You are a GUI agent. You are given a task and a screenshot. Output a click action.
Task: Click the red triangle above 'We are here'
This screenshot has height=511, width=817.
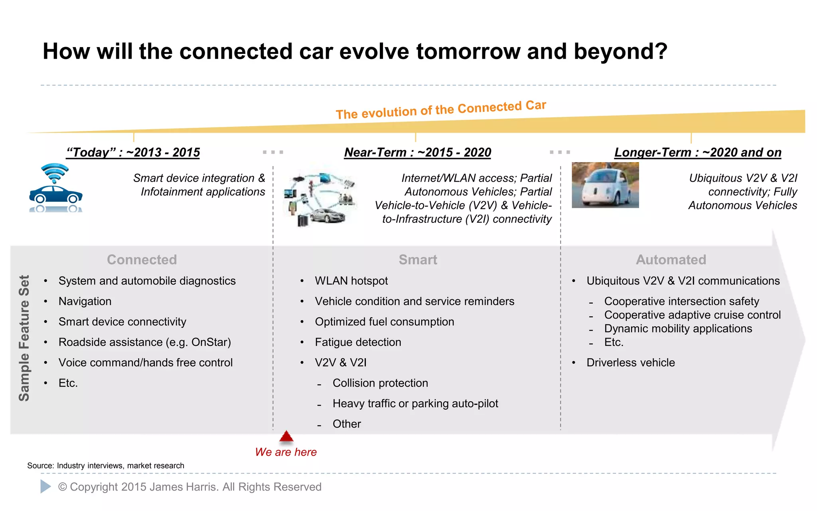pyautogui.click(x=286, y=437)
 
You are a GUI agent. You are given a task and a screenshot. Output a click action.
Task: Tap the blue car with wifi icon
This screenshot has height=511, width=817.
pyautogui.click(x=55, y=188)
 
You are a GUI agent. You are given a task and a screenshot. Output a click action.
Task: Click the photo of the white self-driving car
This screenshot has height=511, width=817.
pyautogui.click(x=605, y=185)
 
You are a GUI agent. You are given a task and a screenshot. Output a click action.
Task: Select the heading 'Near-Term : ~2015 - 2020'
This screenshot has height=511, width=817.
pyautogui.click(x=417, y=153)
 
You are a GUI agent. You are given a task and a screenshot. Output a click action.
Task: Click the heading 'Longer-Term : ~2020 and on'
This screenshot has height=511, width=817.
pyautogui.click(x=697, y=153)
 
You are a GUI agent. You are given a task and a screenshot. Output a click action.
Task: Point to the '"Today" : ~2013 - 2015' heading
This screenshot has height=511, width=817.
pyautogui.click(x=133, y=153)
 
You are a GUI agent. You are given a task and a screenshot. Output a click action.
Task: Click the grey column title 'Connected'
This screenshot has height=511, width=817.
pyautogui.click(x=142, y=260)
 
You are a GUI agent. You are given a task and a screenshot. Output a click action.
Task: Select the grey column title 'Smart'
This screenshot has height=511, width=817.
pyautogui.click(x=418, y=260)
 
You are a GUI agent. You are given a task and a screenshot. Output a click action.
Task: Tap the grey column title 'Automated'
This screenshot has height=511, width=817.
pyautogui.click(x=671, y=260)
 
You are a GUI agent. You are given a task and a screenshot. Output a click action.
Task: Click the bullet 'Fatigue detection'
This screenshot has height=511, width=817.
pyautogui.click(x=357, y=342)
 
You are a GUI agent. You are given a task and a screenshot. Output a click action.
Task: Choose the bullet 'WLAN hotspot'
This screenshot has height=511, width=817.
pyautogui.click(x=351, y=281)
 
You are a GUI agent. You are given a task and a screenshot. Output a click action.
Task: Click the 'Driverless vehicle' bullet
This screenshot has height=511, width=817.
pyautogui.click(x=630, y=362)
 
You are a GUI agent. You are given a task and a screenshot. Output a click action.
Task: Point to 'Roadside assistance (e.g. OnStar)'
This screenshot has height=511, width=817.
pyautogui.click(x=144, y=342)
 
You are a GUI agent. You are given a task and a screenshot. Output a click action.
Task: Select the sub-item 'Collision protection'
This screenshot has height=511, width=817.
pyautogui.click(x=380, y=383)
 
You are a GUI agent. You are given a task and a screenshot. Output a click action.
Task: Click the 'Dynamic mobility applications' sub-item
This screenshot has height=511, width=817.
pyautogui.click(x=678, y=329)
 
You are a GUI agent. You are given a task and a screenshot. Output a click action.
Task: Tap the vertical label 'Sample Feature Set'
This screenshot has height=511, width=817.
pyautogui.click(x=24, y=338)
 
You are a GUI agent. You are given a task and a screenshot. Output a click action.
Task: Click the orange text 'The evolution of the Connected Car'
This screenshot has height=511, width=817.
pyautogui.click(x=440, y=110)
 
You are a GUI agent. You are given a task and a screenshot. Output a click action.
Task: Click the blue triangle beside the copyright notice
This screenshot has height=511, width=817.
pyautogui.click(x=45, y=486)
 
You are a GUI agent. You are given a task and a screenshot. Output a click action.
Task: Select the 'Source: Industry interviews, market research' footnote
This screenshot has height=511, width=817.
pyautogui.click(x=106, y=465)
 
